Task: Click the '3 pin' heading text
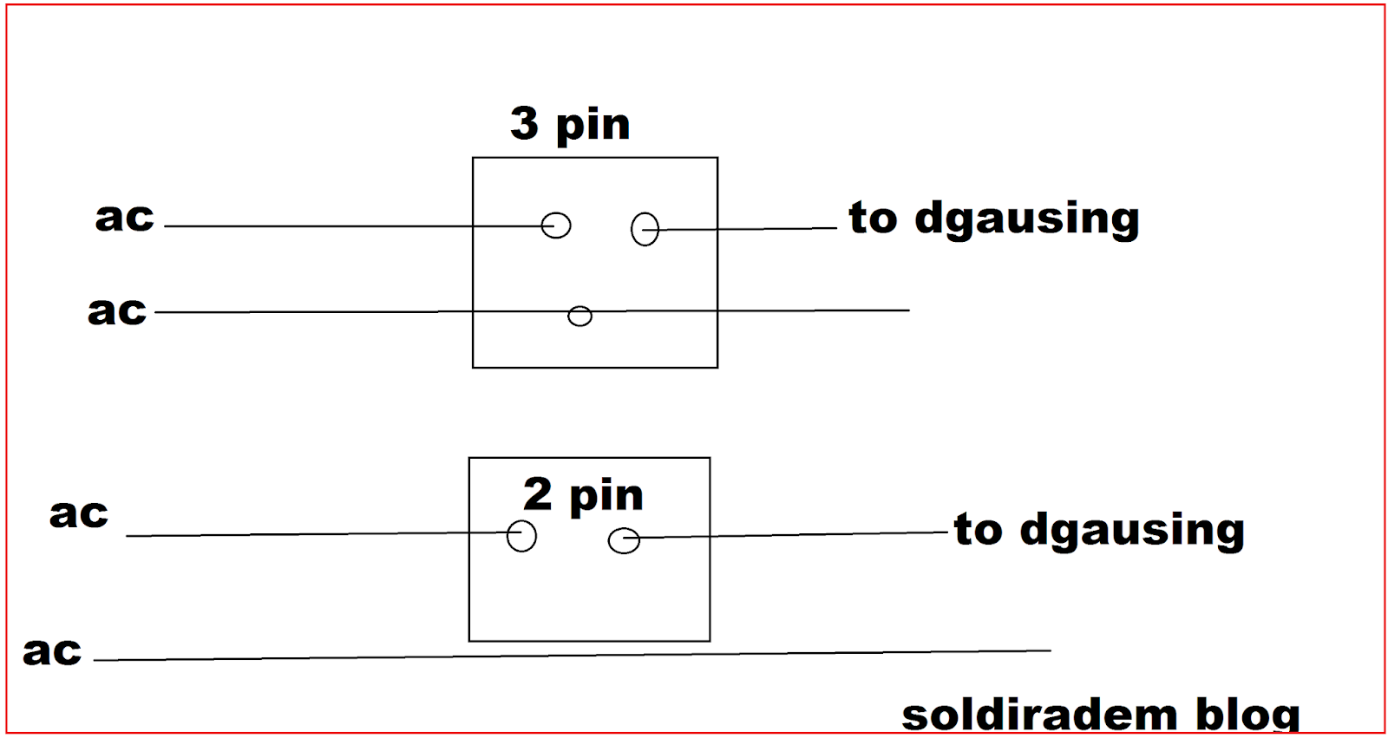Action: pos(570,125)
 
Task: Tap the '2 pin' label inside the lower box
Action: pos(583,496)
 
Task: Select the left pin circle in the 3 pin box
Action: pos(556,225)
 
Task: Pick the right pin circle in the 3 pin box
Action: pos(645,229)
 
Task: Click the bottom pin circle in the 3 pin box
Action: pos(579,316)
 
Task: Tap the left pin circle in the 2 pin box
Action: pos(521,535)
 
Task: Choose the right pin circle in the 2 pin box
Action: pos(624,541)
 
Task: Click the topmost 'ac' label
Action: pos(125,217)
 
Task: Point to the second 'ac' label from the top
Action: pos(117,310)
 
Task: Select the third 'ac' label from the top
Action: pos(79,513)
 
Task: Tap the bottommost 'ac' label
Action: pos(52,650)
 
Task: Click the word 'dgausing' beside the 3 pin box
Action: pos(1027,219)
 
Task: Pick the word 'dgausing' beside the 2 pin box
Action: pos(1132,531)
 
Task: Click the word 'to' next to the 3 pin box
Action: pos(873,218)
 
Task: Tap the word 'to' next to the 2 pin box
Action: pos(978,529)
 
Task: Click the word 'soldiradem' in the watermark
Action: pos(1039,716)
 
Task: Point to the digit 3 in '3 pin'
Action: pos(524,123)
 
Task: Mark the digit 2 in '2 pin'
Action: pos(537,494)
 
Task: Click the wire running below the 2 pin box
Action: pos(573,656)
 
